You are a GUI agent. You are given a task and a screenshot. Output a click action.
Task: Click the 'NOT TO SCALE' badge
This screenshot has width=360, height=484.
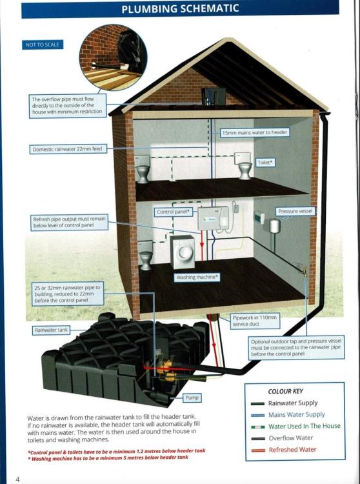click(43, 45)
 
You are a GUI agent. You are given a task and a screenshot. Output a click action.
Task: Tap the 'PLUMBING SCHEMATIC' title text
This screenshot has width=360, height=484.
click(180, 8)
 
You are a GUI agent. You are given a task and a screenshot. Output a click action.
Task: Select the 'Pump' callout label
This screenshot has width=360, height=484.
click(192, 398)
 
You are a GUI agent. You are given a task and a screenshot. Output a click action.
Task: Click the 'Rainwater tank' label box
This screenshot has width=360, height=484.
click(51, 330)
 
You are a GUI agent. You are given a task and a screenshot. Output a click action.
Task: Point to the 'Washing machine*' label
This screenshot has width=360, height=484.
click(197, 277)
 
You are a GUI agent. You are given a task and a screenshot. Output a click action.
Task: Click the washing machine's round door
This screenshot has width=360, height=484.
click(185, 252)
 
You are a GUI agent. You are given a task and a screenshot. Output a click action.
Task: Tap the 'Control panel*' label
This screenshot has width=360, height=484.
click(173, 212)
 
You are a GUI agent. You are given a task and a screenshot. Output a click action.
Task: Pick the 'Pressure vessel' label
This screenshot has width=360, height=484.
click(295, 211)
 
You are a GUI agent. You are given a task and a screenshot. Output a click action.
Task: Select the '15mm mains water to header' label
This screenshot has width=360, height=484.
click(255, 132)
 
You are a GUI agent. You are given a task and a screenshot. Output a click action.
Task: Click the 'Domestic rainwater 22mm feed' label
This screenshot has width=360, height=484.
click(67, 149)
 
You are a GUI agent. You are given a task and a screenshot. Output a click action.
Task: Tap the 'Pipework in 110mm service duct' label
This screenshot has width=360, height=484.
click(255, 321)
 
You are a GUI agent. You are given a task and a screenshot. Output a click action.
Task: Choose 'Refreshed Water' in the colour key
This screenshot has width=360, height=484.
click(292, 450)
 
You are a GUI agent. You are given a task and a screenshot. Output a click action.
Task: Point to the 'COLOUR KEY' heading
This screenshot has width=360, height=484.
click(285, 392)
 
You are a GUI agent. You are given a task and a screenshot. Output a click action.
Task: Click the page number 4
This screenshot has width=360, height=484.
click(17, 479)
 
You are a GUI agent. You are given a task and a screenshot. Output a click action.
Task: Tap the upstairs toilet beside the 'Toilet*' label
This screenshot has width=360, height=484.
click(244, 166)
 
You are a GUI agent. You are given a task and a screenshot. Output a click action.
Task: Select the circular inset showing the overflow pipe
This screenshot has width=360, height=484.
click(113, 57)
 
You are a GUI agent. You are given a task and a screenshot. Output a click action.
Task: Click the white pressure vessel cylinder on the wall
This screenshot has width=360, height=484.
click(274, 226)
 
